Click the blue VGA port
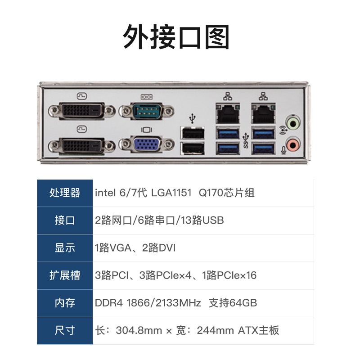tap(147, 144)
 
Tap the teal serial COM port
tap(147, 111)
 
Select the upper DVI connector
tap(81, 110)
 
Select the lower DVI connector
tap(81, 145)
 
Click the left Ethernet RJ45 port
tap(228, 114)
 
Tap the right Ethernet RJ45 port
tap(263, 114)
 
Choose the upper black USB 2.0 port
tap(193, 133)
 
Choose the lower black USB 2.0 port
tap(193, 148)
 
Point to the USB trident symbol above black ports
tap(193, 118)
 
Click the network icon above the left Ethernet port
tap(228, 96)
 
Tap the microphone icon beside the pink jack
tap(283, 150)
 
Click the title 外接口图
tap(176, 37)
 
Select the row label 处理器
tap(65, 193)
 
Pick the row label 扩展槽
tap(65, 275)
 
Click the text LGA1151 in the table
tap(171, 193)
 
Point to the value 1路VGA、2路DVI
tap(135, 248)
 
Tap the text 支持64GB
tap(233, 303)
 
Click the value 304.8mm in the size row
tap(139, 331)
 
